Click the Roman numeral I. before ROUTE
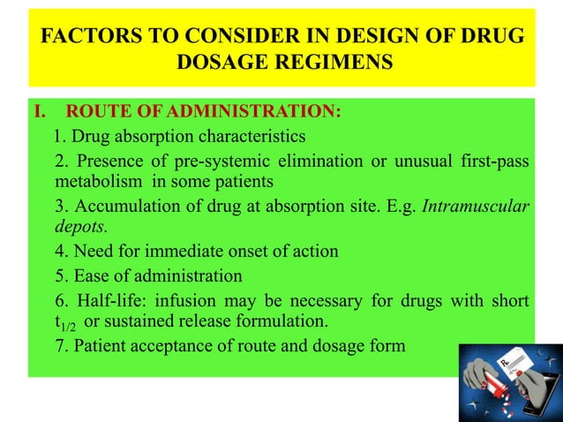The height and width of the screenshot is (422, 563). pyautogui.click(x=40, y=112)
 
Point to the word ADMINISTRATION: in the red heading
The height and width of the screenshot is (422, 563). pyautogui.click(x=273, y=112)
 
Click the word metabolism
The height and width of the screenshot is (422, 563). pyautogui.click(x=96, y=182)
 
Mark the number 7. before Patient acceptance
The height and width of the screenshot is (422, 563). pyautogui.click(x=61, y=345)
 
